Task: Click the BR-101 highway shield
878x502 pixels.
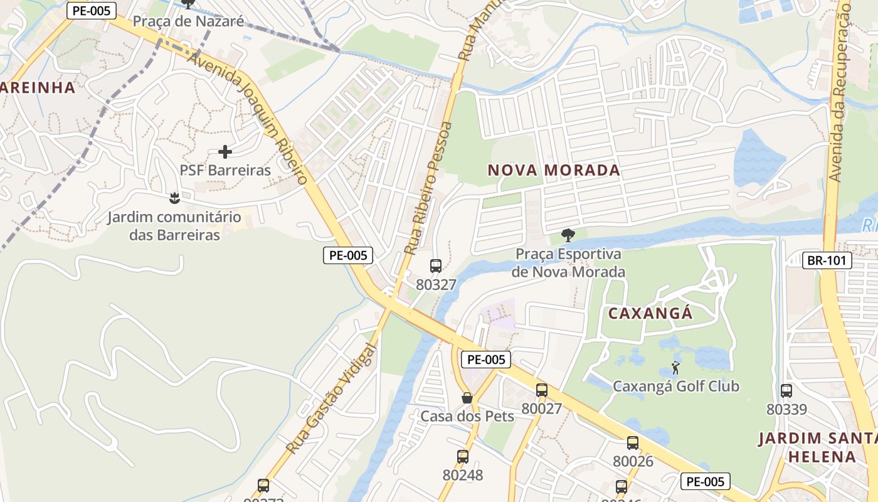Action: click(x=827, y=260)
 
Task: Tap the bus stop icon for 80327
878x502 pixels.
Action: click(x=436, y=265)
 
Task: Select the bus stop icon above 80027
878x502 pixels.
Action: click(x=542, y=390)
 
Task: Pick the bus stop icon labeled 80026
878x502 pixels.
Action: click(x=633, y=443)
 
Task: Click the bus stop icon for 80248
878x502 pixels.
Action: click(x=463, y=457)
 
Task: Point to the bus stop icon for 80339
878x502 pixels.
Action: click(x=786, y=391)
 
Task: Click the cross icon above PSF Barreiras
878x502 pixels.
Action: click(x=225, y=152)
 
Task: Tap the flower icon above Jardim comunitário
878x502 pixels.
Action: click(x=174, y=199)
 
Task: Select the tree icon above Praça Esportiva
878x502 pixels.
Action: click(x=568, y=236)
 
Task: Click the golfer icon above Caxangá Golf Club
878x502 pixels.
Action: click(x=675, y=368)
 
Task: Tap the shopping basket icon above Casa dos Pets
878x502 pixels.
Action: click(x=467, y=398)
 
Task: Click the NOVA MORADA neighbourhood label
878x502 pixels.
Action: click(x=554, y=170)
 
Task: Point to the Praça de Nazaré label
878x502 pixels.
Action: click(x=188, y=21)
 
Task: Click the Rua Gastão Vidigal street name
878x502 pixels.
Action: click(x=333, y=398)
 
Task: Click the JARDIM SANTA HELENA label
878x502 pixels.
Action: click(x=819, y=447)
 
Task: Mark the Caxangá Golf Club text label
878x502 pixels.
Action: click(x=676, y=386)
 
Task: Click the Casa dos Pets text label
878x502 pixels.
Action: click(x=467, y=416)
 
